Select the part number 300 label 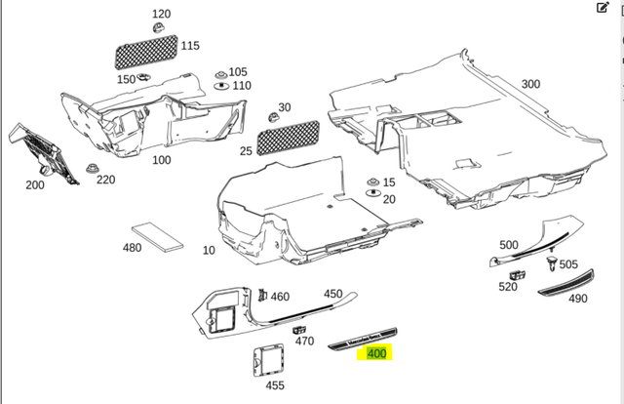529,84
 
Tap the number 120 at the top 161,14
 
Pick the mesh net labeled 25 290,133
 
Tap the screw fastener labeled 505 552,263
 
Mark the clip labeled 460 261,294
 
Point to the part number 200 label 35,184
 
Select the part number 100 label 161,159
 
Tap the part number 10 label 209,251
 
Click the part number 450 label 333,293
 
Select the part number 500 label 509,244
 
